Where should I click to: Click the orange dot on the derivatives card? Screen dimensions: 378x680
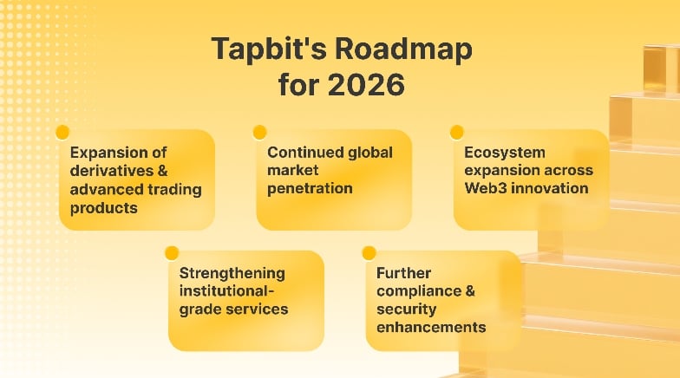click(62, 133)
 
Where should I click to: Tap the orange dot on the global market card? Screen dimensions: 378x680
click(259, 133)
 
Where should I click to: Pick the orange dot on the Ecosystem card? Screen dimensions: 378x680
click(456, 133)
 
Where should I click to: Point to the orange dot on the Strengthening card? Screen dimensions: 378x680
click(172, 253)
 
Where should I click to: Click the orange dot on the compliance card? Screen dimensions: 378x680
click(369, 253)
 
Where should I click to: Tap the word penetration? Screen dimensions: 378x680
click(310, 188)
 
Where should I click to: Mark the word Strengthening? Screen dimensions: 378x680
click(232, 273)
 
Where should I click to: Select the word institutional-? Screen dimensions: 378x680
click(224, 291)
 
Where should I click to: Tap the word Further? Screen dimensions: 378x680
click(403, 273)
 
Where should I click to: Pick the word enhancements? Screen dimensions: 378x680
click(430, 328)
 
